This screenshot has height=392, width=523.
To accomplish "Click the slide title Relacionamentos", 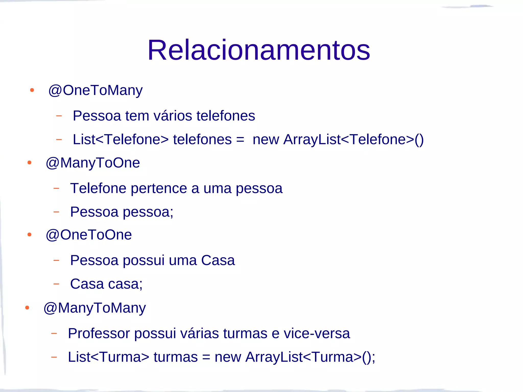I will pos(258,50).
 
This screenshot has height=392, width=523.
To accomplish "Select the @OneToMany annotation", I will pos(96,90).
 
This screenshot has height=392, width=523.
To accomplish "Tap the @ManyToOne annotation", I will pos(93,163).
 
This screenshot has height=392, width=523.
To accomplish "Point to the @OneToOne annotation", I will pos(89,235).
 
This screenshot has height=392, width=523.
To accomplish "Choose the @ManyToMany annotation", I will pos(95,308).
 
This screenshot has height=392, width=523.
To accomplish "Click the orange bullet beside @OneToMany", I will pos(32,90).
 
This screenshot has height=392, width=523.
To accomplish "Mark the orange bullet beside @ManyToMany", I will pos(27,308).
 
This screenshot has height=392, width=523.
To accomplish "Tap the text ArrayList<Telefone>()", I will pos(353,140).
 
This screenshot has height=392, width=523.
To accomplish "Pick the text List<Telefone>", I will pos(121,140).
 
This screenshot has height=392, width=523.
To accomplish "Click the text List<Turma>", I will pos(108,357).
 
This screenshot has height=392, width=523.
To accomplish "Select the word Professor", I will pos(99,334).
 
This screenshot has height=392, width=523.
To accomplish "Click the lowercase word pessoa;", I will pos(148,212).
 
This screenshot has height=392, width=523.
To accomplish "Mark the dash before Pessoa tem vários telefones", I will pos(59,116).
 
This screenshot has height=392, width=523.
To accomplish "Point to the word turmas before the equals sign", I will pos(175,357).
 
